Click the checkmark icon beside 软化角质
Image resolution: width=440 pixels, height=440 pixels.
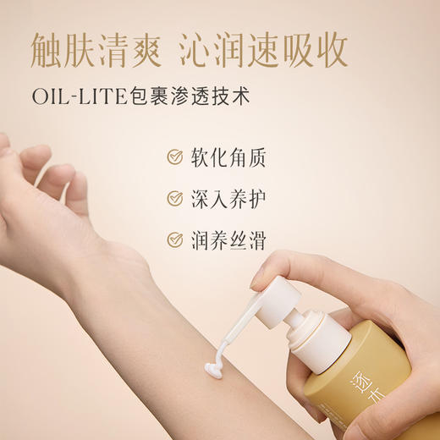175,157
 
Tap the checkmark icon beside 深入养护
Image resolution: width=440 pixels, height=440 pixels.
175,199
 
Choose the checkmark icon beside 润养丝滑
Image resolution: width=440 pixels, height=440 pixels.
175,239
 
